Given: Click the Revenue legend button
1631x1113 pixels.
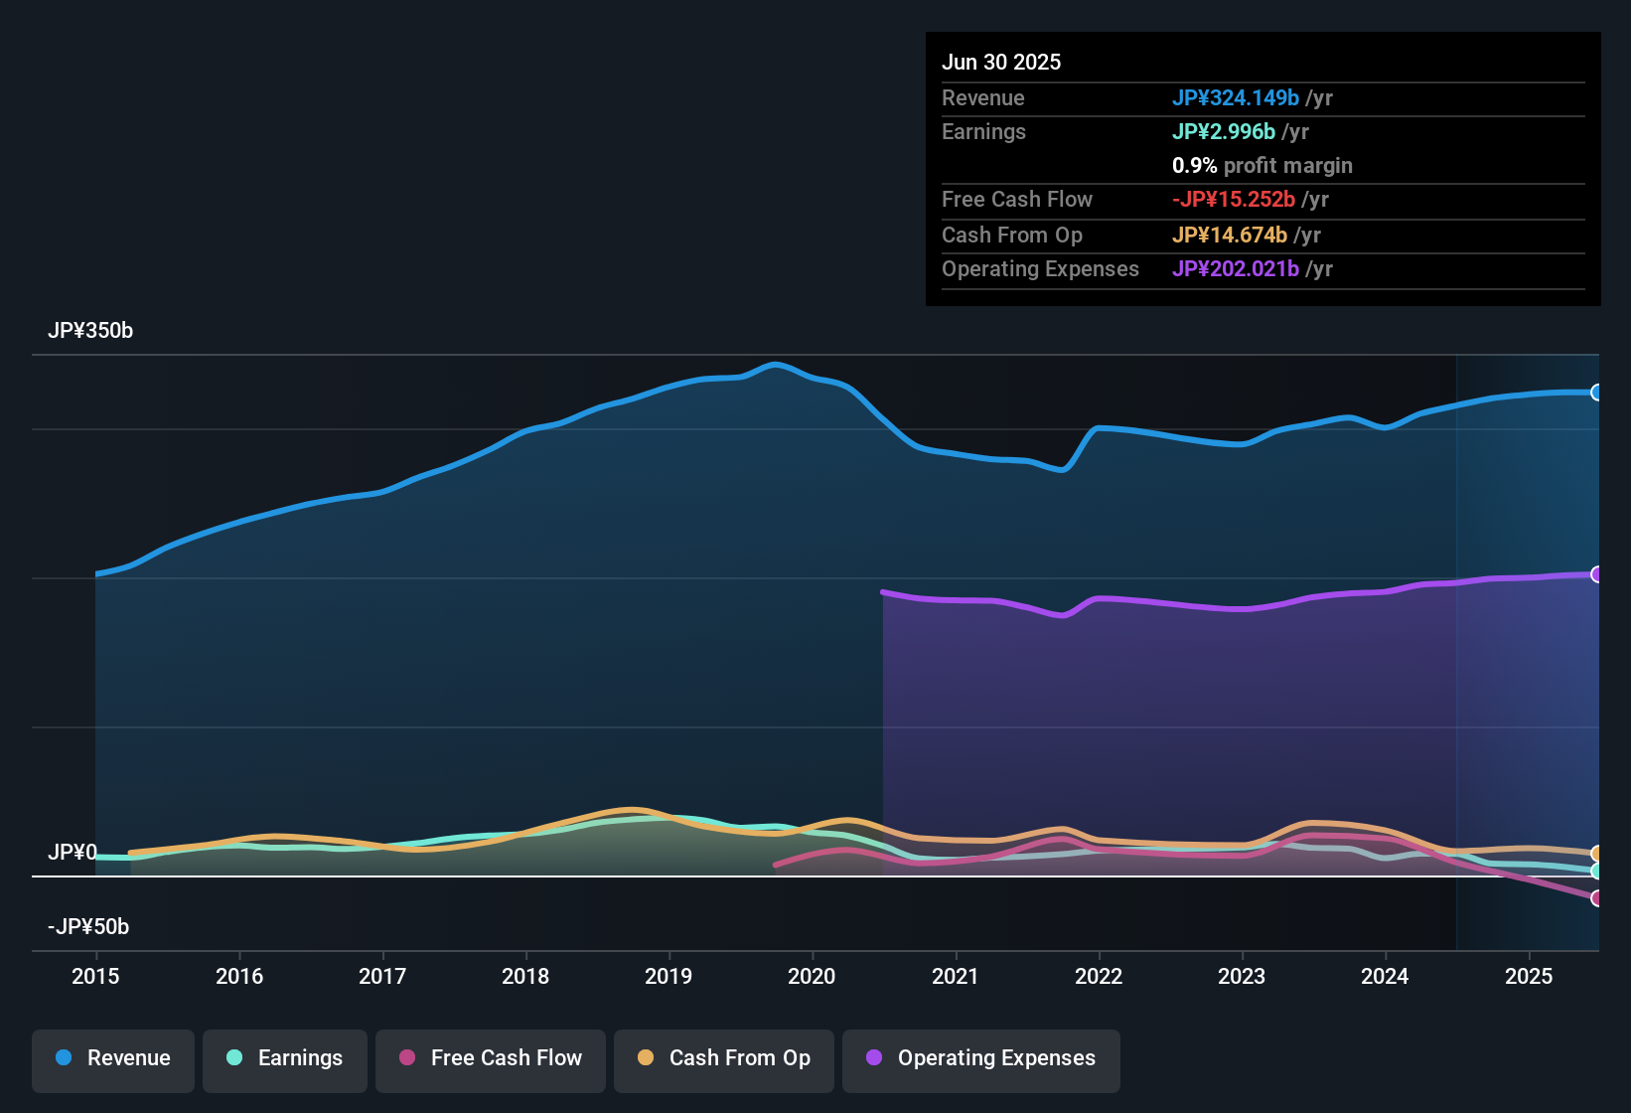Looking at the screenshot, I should pos(113,1058).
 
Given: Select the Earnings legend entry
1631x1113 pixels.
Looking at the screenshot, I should pos(285,1058).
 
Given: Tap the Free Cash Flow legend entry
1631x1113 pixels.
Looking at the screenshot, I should pos(491,1058).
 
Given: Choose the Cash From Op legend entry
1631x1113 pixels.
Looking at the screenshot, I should pos(724,1058).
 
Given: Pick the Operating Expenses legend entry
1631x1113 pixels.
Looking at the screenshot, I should pos(981,1058).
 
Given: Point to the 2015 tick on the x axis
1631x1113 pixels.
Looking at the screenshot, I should pos(95,976).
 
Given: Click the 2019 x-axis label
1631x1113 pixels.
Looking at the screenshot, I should pos(668,976).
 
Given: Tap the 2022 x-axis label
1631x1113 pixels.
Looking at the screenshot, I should pos(1099,976).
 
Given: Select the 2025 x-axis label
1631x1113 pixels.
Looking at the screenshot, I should pos(1529,976).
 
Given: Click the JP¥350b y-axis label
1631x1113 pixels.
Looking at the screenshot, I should pos(90,331).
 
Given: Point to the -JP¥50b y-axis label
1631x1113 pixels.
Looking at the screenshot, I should pos(88,927).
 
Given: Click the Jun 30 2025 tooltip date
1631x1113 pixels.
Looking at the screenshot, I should pos(1001,62).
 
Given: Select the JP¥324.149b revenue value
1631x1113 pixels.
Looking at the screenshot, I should pos(1236,97).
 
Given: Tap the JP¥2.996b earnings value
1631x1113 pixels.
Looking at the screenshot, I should pos(1224,131).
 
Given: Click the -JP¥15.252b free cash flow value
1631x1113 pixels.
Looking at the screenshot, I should pos(1234,199).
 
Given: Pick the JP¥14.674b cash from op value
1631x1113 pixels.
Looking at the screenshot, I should pos(1230,235).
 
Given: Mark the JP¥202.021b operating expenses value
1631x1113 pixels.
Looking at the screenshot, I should pos(1236,268).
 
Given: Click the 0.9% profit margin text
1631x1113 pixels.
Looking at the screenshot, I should pos(1262,165).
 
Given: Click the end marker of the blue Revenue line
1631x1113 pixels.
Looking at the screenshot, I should pos(1596,393).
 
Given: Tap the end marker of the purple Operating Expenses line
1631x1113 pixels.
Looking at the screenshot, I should pos(1596,574).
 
